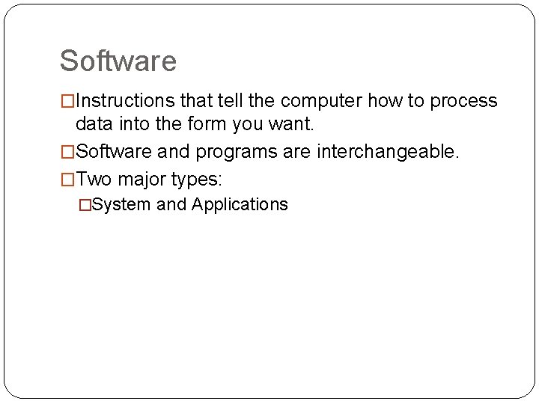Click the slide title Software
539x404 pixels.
point(118,61)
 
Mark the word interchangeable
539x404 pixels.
point(386,153)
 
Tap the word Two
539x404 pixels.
point(94,180)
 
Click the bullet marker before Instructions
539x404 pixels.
point(67,102)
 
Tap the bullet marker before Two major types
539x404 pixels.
point(67,180)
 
